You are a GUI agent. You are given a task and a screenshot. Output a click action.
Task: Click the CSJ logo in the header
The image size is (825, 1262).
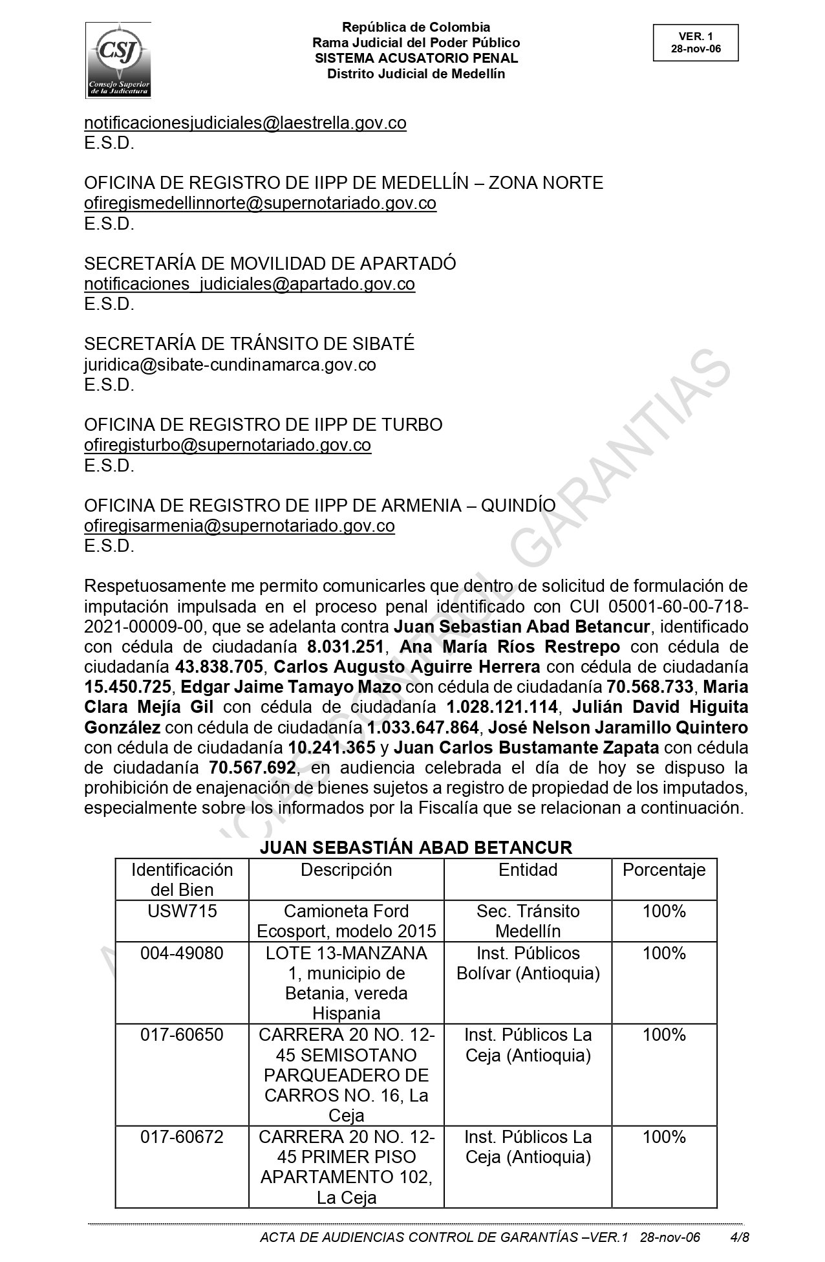tap(118, 60)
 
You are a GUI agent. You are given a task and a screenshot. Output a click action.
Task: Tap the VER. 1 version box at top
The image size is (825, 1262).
tap(695, 43)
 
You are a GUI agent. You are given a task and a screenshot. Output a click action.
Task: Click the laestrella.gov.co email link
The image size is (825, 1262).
tap(245, 123)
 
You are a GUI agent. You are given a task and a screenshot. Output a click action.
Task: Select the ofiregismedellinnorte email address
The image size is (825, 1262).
tap(260, 203)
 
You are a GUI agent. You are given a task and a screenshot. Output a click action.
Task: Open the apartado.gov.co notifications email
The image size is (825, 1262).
tap(249, 284)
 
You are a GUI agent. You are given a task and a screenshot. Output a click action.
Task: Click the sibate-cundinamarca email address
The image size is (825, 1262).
tap(230, 365)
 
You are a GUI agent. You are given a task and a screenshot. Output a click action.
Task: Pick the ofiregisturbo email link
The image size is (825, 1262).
tap(227, 445)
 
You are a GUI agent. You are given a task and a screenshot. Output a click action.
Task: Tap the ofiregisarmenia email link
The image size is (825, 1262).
tap(239, 526)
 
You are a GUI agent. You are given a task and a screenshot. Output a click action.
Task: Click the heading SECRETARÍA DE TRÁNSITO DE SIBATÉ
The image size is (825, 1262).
tap(249, 344)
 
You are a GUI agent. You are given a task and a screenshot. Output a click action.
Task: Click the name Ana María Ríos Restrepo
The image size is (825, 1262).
tap(510, 647)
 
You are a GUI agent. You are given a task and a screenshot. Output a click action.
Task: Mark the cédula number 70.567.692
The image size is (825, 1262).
tap(253, 768)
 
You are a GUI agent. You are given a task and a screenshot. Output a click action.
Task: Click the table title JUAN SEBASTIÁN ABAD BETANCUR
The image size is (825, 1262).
tap(416, 847)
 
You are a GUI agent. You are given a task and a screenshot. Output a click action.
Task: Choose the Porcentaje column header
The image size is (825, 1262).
tap(664, 870)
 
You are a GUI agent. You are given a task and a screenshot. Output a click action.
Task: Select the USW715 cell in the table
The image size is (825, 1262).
tap(182, 911)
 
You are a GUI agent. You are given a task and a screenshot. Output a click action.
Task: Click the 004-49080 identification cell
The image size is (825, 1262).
tap(182, 953)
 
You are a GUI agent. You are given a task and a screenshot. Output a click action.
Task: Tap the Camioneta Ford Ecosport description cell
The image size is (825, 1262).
tap(347, 921)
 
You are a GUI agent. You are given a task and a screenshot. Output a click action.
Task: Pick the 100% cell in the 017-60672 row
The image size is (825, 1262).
tap(664, 1137)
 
